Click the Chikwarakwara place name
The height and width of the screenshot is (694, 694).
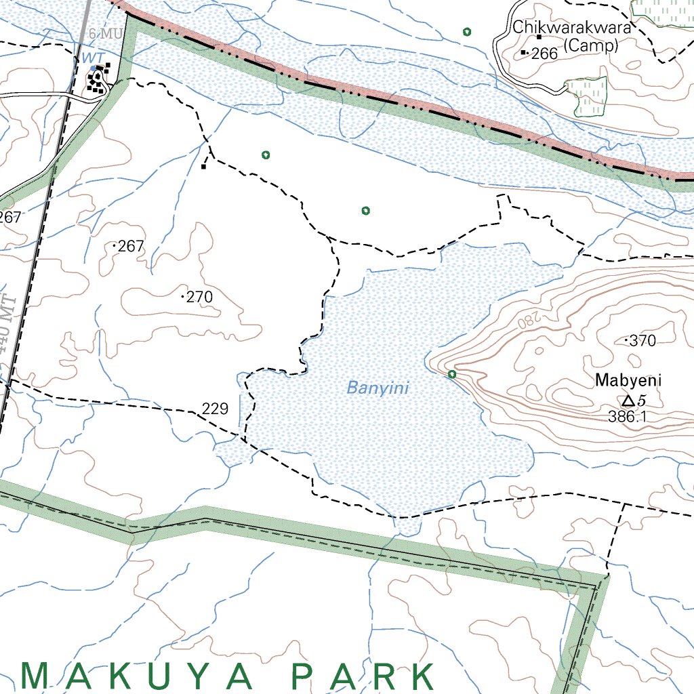[572, 28]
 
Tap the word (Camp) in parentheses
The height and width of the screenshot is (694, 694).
[591, 45]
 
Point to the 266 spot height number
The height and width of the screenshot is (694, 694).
[544, 54]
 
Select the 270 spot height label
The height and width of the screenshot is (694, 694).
[199, 297]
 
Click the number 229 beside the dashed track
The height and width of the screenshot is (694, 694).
[215, 409]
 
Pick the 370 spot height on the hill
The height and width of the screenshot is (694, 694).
[642, 341]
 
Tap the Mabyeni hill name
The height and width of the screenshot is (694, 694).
[628, 380]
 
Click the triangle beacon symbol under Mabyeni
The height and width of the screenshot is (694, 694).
[628, 401]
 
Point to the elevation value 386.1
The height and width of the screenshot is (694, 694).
[627, 417]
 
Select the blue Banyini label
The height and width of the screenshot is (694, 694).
[377, 388]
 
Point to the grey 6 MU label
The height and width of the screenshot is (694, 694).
[103, 34]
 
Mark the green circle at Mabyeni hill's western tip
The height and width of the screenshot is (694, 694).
[452, 374]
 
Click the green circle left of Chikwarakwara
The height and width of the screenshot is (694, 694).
[466, 31]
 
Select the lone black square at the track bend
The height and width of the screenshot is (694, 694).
[203, 166]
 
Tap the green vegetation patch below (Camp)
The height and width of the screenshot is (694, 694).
[586, 95]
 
